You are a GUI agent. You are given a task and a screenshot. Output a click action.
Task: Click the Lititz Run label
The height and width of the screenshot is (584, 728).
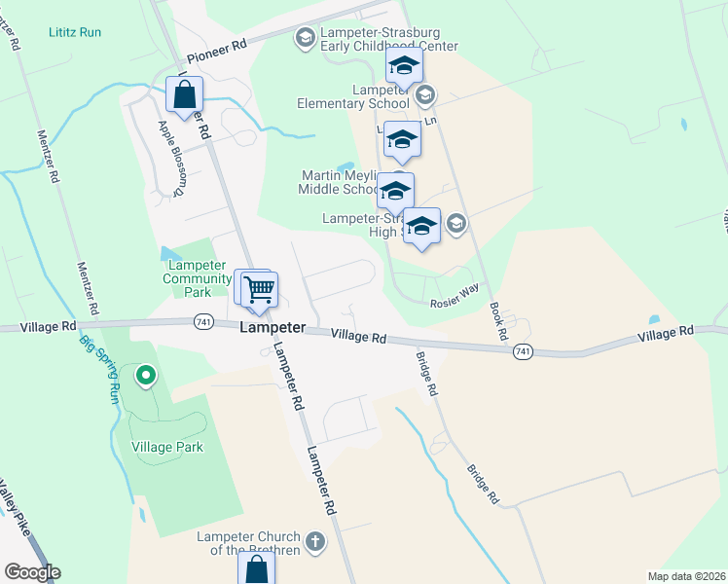75,32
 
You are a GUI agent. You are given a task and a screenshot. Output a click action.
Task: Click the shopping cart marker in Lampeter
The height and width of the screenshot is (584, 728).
259,289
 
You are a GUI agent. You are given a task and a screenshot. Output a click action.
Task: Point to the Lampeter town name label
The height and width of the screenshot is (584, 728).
273,328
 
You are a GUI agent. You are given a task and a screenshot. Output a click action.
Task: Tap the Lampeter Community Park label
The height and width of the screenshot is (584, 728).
197,272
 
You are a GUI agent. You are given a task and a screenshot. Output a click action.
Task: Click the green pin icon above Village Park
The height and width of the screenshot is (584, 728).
146,374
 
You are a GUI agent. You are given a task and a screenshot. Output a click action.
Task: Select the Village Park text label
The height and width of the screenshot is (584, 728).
166,447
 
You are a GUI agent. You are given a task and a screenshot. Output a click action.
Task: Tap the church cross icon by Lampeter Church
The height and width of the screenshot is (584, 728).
314,540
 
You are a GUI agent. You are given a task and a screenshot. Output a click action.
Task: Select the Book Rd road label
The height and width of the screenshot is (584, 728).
498,320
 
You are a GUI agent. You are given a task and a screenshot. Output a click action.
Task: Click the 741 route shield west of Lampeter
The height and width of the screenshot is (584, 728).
202,322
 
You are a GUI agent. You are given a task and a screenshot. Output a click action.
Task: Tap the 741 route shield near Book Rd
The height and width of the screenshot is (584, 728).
523,350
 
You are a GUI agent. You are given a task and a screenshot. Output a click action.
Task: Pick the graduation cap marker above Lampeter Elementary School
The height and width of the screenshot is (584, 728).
403,66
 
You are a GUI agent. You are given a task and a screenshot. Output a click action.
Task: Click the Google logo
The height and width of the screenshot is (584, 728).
32,572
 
